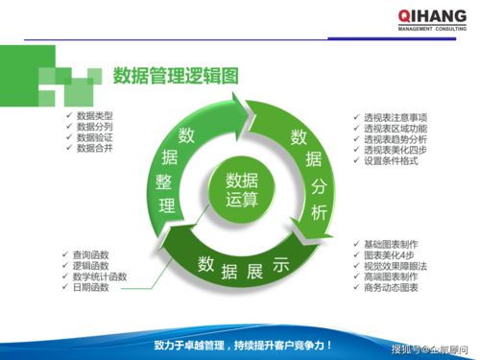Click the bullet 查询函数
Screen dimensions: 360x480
click(90, 254)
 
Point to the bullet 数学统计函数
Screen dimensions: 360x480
click(99, 276)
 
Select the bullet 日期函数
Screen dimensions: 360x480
click(90, 288)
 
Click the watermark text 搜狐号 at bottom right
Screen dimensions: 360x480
click(405, 348)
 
